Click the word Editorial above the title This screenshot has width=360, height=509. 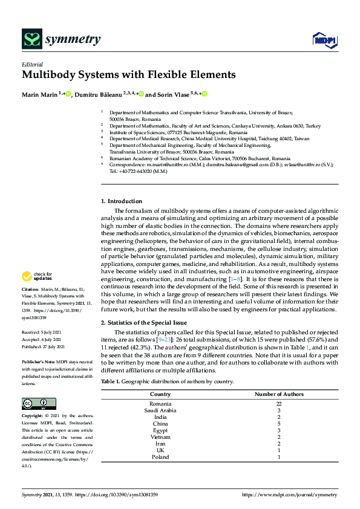pyautogui.click(x=32, y=64)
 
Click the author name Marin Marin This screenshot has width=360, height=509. pyautogui.click(x=39, y=94)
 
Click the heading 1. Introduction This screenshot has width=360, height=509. pyautogui.click(x=122, y=201)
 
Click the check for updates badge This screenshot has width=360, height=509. pyautogui.click(x=38, y=276)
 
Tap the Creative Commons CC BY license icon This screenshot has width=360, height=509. pyautogui.click(x=39, y=404)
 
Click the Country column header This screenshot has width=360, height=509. pyautogui.click(x=160, y=395)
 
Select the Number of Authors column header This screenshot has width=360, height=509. pyautogui.click(x=278, y=395)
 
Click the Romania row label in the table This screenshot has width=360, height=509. pyautogui.click(x=160, y=403)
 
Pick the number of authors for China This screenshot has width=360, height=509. pyautogui.click(x=278, y=423)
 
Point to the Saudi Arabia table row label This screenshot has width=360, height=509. pyautogui.click(x=160, y=410)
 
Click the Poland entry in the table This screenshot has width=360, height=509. pyautogui.click(x=160, y=457)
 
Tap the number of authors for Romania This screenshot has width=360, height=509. pyautogui.click(x=278, y=403)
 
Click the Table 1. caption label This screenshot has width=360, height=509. pyautogui.click(x=111, y=382)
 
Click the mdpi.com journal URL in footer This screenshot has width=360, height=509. pyautogui.click(x=289, y=494)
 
